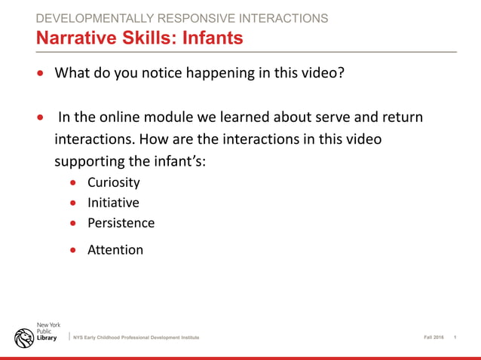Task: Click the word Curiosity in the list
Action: (113, 182)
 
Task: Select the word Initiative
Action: (113, 203)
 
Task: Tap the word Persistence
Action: (121, 223)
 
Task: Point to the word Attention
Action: (115, 249)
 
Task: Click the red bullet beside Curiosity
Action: (73, 183)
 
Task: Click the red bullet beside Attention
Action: (73, 250)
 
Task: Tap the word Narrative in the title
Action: (74, 37)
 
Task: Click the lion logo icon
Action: (23, 337)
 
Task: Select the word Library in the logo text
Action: (47, 338)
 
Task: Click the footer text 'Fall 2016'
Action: (434, 337)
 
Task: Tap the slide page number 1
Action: (456, 337)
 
